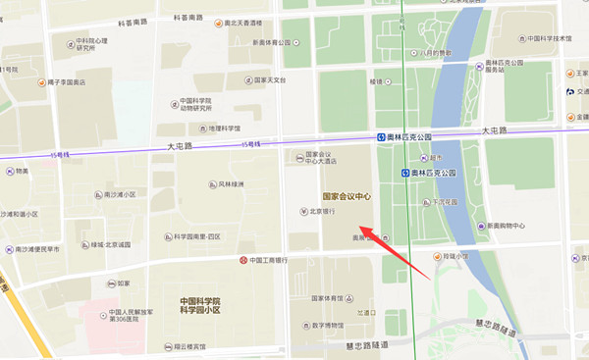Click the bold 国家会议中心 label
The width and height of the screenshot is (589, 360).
pos(340,196)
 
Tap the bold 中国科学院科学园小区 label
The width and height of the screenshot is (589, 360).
pos(200,305)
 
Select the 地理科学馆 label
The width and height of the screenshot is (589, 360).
pos(222,128)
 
